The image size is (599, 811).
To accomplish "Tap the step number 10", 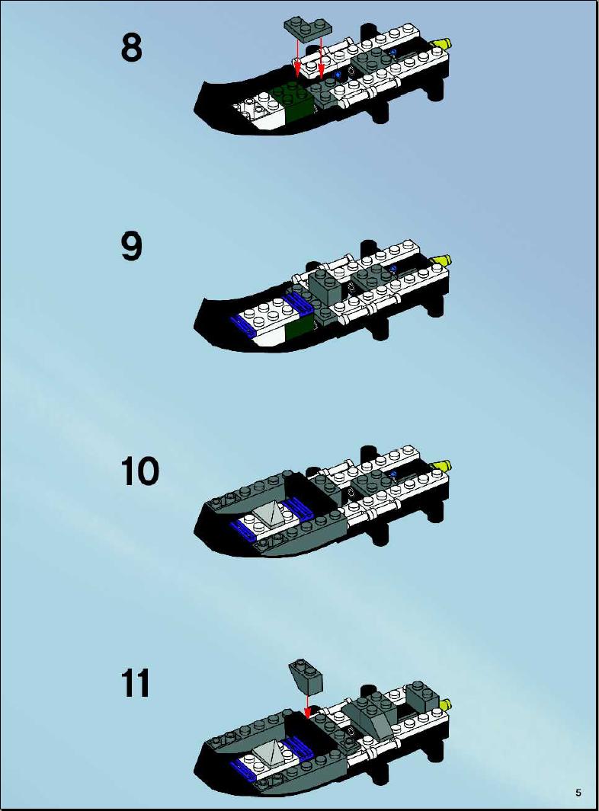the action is point(139,471).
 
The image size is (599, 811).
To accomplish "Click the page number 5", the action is point(578,793).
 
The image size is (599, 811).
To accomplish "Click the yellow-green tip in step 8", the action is point(442,44).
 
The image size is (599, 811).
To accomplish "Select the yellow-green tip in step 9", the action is point(442,260).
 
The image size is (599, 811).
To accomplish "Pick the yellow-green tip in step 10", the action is point(442,465).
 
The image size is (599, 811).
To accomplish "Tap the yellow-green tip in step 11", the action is point(445,704).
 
